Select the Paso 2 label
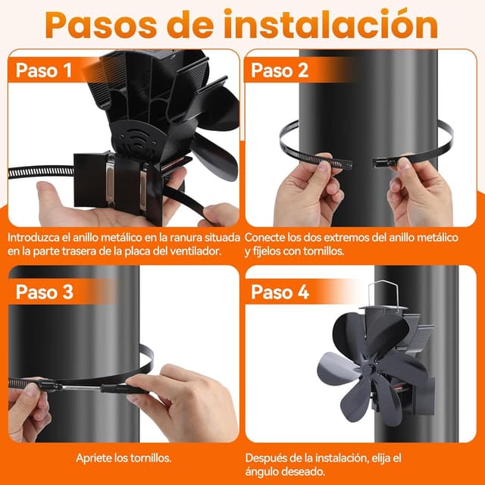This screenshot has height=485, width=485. coord(280,70)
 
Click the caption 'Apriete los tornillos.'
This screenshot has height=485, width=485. coord(123,458)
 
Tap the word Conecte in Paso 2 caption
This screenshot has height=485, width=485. coord(268,237)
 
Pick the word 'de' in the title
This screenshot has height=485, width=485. coord(201,24)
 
